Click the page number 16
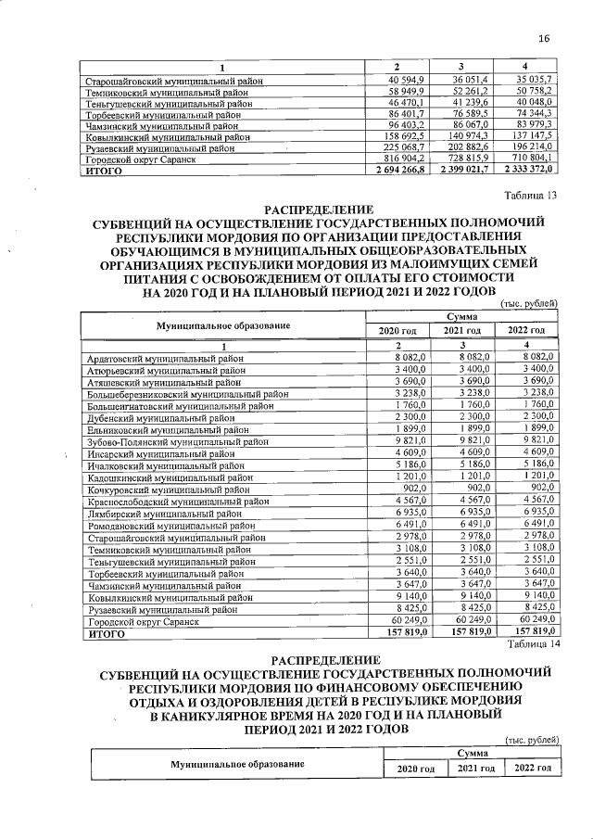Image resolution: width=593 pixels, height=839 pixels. click(544, 38)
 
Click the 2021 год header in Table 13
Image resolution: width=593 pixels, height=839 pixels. click(462, 331)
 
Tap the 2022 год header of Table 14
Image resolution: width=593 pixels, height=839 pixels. click(534, 769)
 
